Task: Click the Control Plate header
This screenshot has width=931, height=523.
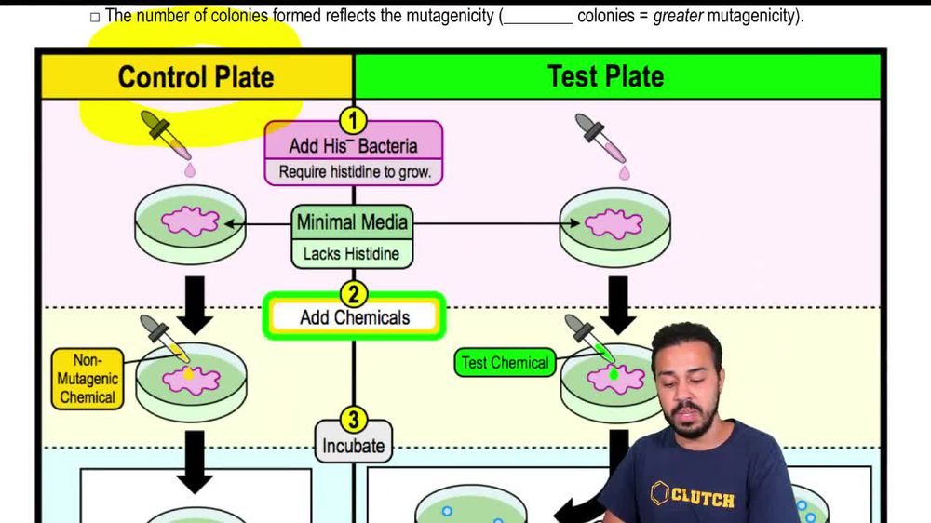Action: [196, 76]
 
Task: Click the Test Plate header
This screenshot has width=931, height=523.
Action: [606, 75]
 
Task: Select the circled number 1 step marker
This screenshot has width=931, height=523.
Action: [353, 120]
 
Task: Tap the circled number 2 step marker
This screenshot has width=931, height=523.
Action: [353, 294]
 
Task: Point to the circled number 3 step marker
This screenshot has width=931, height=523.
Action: [353, 420]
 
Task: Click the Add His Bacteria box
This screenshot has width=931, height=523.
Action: [353, 146]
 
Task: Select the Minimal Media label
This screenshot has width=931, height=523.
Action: [353, 222]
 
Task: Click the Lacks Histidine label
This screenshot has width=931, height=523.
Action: [351, 253]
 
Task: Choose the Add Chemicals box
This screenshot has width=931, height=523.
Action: [354, 317]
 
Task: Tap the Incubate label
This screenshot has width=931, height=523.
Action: [353, 446]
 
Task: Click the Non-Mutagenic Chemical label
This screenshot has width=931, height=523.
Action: [87, 379]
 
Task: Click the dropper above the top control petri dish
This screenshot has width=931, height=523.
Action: [166, 137]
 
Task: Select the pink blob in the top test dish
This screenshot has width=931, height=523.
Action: [613, 224]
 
